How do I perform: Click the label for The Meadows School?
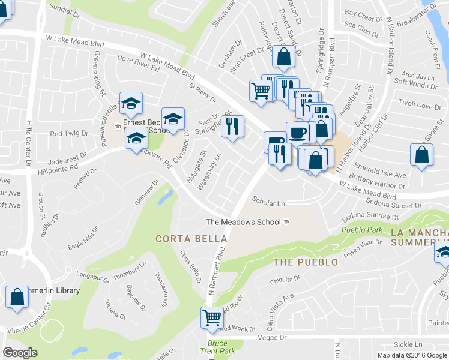[x=243, y=222]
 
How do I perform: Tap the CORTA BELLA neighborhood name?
[x=191, y=239]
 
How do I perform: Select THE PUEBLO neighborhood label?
[x=305, y=262]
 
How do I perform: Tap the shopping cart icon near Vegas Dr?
[x=212, y=317]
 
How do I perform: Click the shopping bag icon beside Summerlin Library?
[x=17, y=296]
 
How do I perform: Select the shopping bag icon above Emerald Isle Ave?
[x=422, y=154]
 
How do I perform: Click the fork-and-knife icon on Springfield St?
[x=232, y=127]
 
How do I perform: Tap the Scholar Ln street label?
[x=268, y=203]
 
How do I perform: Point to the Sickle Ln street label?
[x=408, y=344]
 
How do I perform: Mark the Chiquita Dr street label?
[x=284, y=279]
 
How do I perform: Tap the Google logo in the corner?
[x=20, y=353]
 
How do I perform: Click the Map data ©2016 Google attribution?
[x=412, y=355]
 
